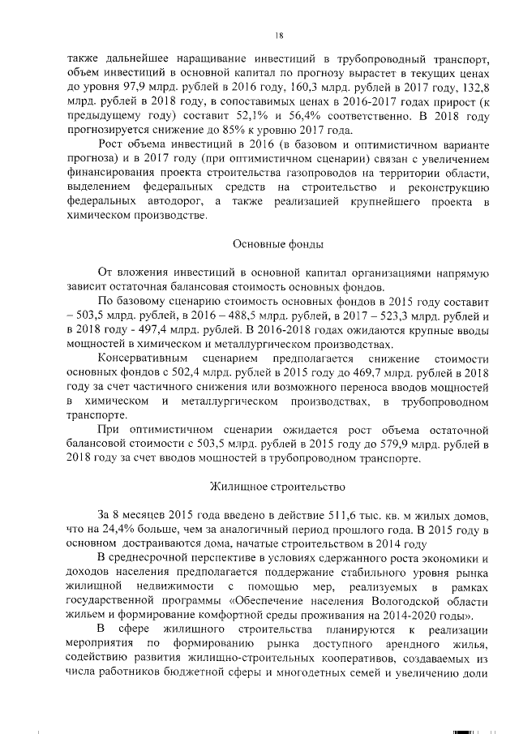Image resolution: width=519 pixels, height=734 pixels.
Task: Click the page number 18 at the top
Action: click(x=278, y=35)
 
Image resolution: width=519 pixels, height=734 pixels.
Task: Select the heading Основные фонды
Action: click(x=278, y=243)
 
